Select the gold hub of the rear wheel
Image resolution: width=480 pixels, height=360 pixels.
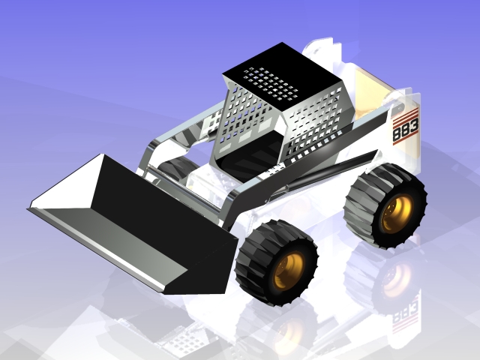(395, 214)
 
